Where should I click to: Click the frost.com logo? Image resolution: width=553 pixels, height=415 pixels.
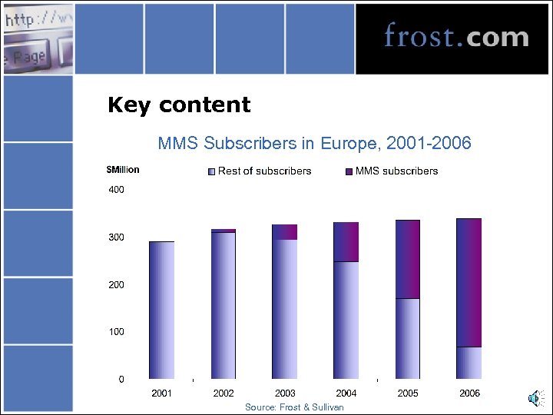(456, 36)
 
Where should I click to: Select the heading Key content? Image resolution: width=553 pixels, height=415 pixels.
(179, 105)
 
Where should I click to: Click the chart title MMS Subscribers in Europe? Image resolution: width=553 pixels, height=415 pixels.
(314, 143)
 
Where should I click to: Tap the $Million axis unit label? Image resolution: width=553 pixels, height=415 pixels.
(123, 170)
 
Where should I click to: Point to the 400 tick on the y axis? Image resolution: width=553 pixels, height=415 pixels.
(115, 190)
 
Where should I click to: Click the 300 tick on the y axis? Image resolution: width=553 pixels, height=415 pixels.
(115, 237)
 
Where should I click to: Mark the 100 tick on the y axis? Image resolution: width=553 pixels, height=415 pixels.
(115, 332)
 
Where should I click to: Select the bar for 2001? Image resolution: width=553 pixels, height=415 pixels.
(161, 310)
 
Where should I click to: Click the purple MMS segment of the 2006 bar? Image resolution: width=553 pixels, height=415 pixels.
(469, 283)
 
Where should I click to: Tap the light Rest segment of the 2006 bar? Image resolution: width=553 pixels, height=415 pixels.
(469, 363)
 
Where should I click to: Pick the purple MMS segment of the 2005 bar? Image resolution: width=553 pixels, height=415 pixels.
(407, 259)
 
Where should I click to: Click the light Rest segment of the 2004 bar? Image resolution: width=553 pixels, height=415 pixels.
(346, 320)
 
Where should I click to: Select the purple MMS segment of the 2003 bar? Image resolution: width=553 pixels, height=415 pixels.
(284, 232)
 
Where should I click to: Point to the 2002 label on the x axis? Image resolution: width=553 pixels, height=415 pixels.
(224, 393)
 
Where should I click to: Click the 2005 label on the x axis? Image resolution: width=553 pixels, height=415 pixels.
(408, 393)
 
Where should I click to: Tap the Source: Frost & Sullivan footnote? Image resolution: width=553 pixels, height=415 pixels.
(294, 407)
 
